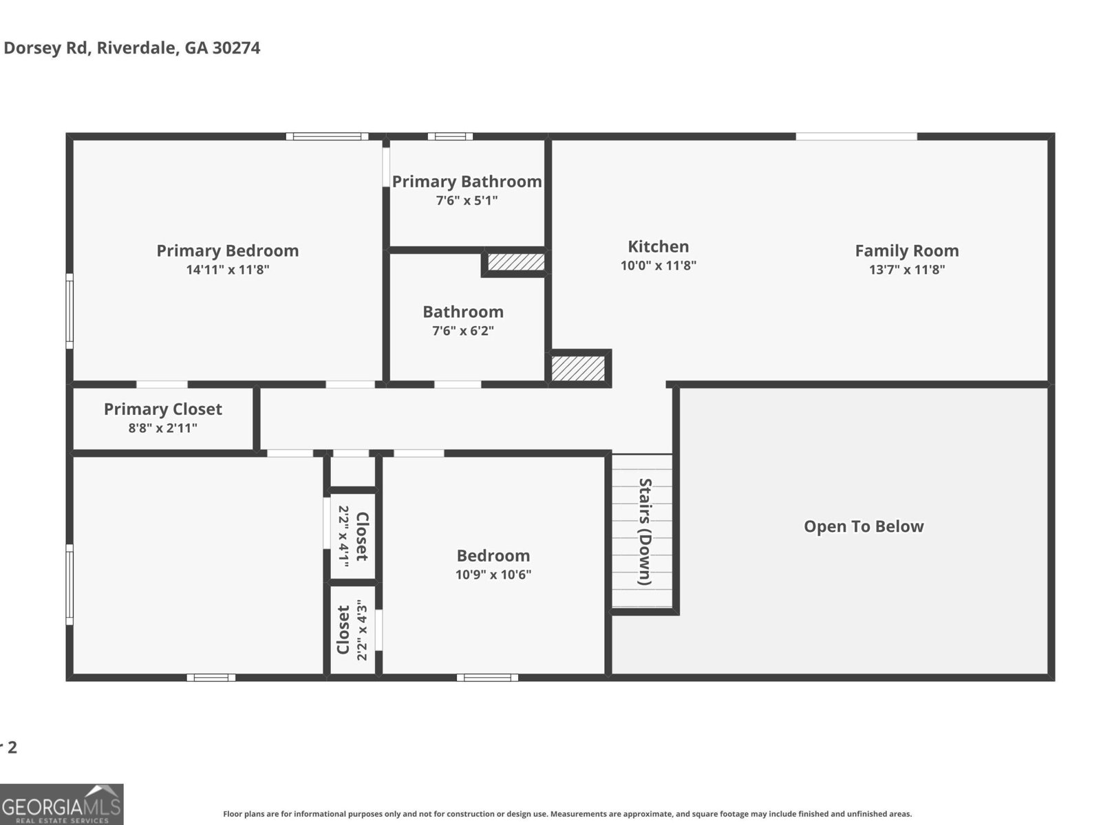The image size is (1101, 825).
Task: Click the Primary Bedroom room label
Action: pos(227,250)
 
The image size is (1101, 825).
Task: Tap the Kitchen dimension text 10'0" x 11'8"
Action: pos(659,266)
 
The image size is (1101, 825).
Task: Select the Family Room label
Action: pos(906,250)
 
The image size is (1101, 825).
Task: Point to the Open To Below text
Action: pos(864,526)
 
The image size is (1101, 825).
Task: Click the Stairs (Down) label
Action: pos(645,531)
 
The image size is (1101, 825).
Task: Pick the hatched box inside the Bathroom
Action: pos(516,262)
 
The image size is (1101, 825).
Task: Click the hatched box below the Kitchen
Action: pos(578,367)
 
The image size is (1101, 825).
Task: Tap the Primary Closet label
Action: pos(163,409)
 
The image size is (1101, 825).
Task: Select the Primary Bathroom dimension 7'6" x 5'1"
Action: pos(467,201)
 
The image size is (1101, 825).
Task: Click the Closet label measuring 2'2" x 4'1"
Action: pos(353,536)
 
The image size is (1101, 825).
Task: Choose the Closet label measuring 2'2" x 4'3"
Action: pos(352,630)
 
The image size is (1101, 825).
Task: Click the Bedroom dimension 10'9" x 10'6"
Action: pos(493,575)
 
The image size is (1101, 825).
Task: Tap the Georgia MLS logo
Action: pos(61,804)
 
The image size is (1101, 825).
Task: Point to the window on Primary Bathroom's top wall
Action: pos(450,136)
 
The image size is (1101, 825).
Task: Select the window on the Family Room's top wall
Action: pos(856,136)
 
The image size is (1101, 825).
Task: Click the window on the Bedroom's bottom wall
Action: pos(487,678)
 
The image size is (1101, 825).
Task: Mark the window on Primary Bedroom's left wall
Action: pos(70,311)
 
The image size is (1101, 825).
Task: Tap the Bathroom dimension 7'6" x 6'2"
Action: pos(463,331)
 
